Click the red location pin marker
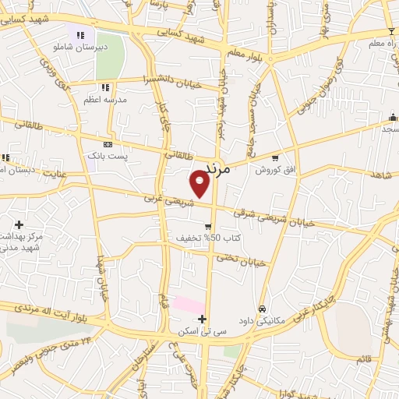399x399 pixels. pyautogui.click(x=199, y=184)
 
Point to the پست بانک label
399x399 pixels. pyautogui.click(x=108, y=157)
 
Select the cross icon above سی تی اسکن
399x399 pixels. pyautogui.click(x=203, y=319)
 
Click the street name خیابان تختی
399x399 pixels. pyautogui.click(x=242, y=260)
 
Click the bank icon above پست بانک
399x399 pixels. pyautogui.click(x=108, y=144)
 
